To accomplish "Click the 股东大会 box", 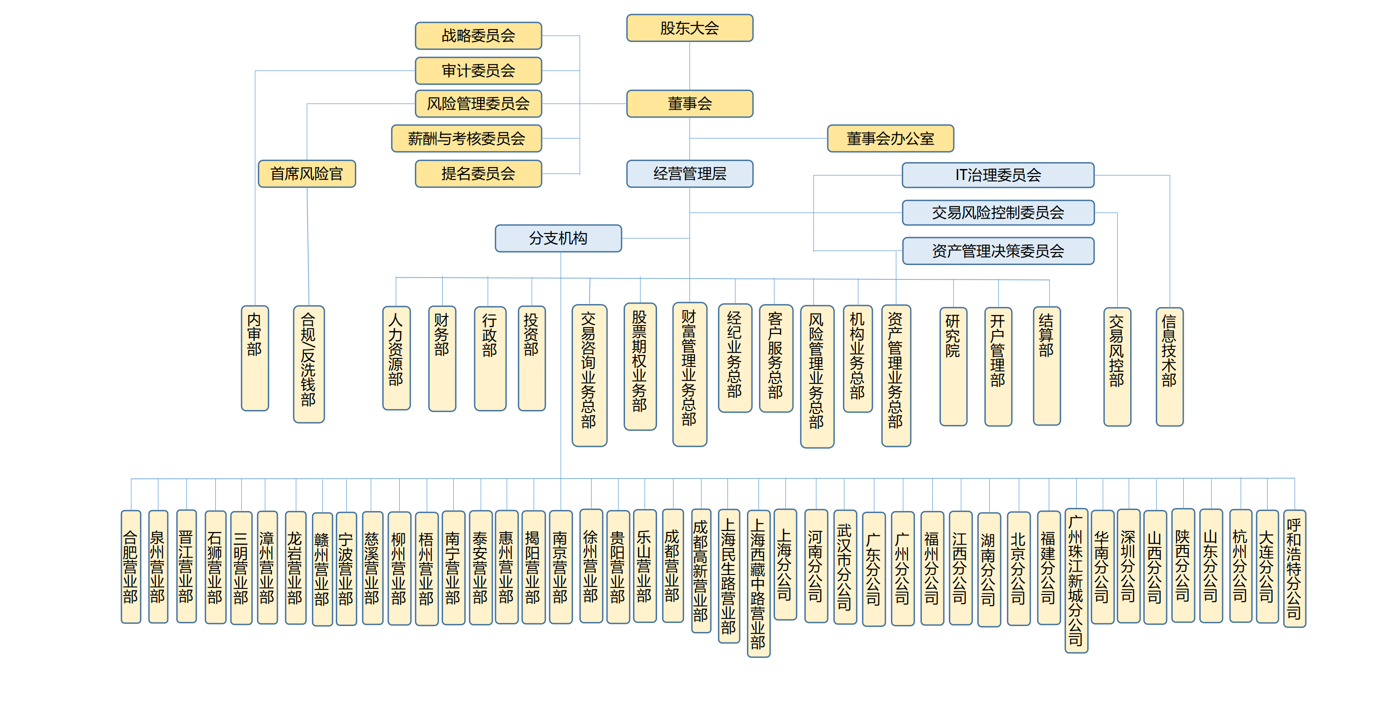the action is click(690, 27).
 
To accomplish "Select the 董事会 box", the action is click(690, 103).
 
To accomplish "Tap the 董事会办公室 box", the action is click(890, 138).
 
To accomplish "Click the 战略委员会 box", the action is click(478, 36).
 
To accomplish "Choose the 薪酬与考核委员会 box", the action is click(466, 138).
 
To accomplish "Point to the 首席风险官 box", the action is click(307, 173).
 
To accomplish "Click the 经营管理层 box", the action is click(690, 173).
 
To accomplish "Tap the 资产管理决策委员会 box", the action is click(998, 250).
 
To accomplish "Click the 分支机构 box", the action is click(558, 238).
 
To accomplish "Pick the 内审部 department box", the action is click(255, 358).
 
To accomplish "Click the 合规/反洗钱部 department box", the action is click(309, 364).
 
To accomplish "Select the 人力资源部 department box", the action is click(396, 358).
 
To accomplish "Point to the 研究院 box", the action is click(953, 366).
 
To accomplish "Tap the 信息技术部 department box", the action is click(1169, 367).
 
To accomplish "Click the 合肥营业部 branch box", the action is click(131, 566).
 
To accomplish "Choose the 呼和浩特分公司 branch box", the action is click(1294, 568).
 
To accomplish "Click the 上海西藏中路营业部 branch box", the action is click(758, 583).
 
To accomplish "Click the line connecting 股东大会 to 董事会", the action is click(690, 66).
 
